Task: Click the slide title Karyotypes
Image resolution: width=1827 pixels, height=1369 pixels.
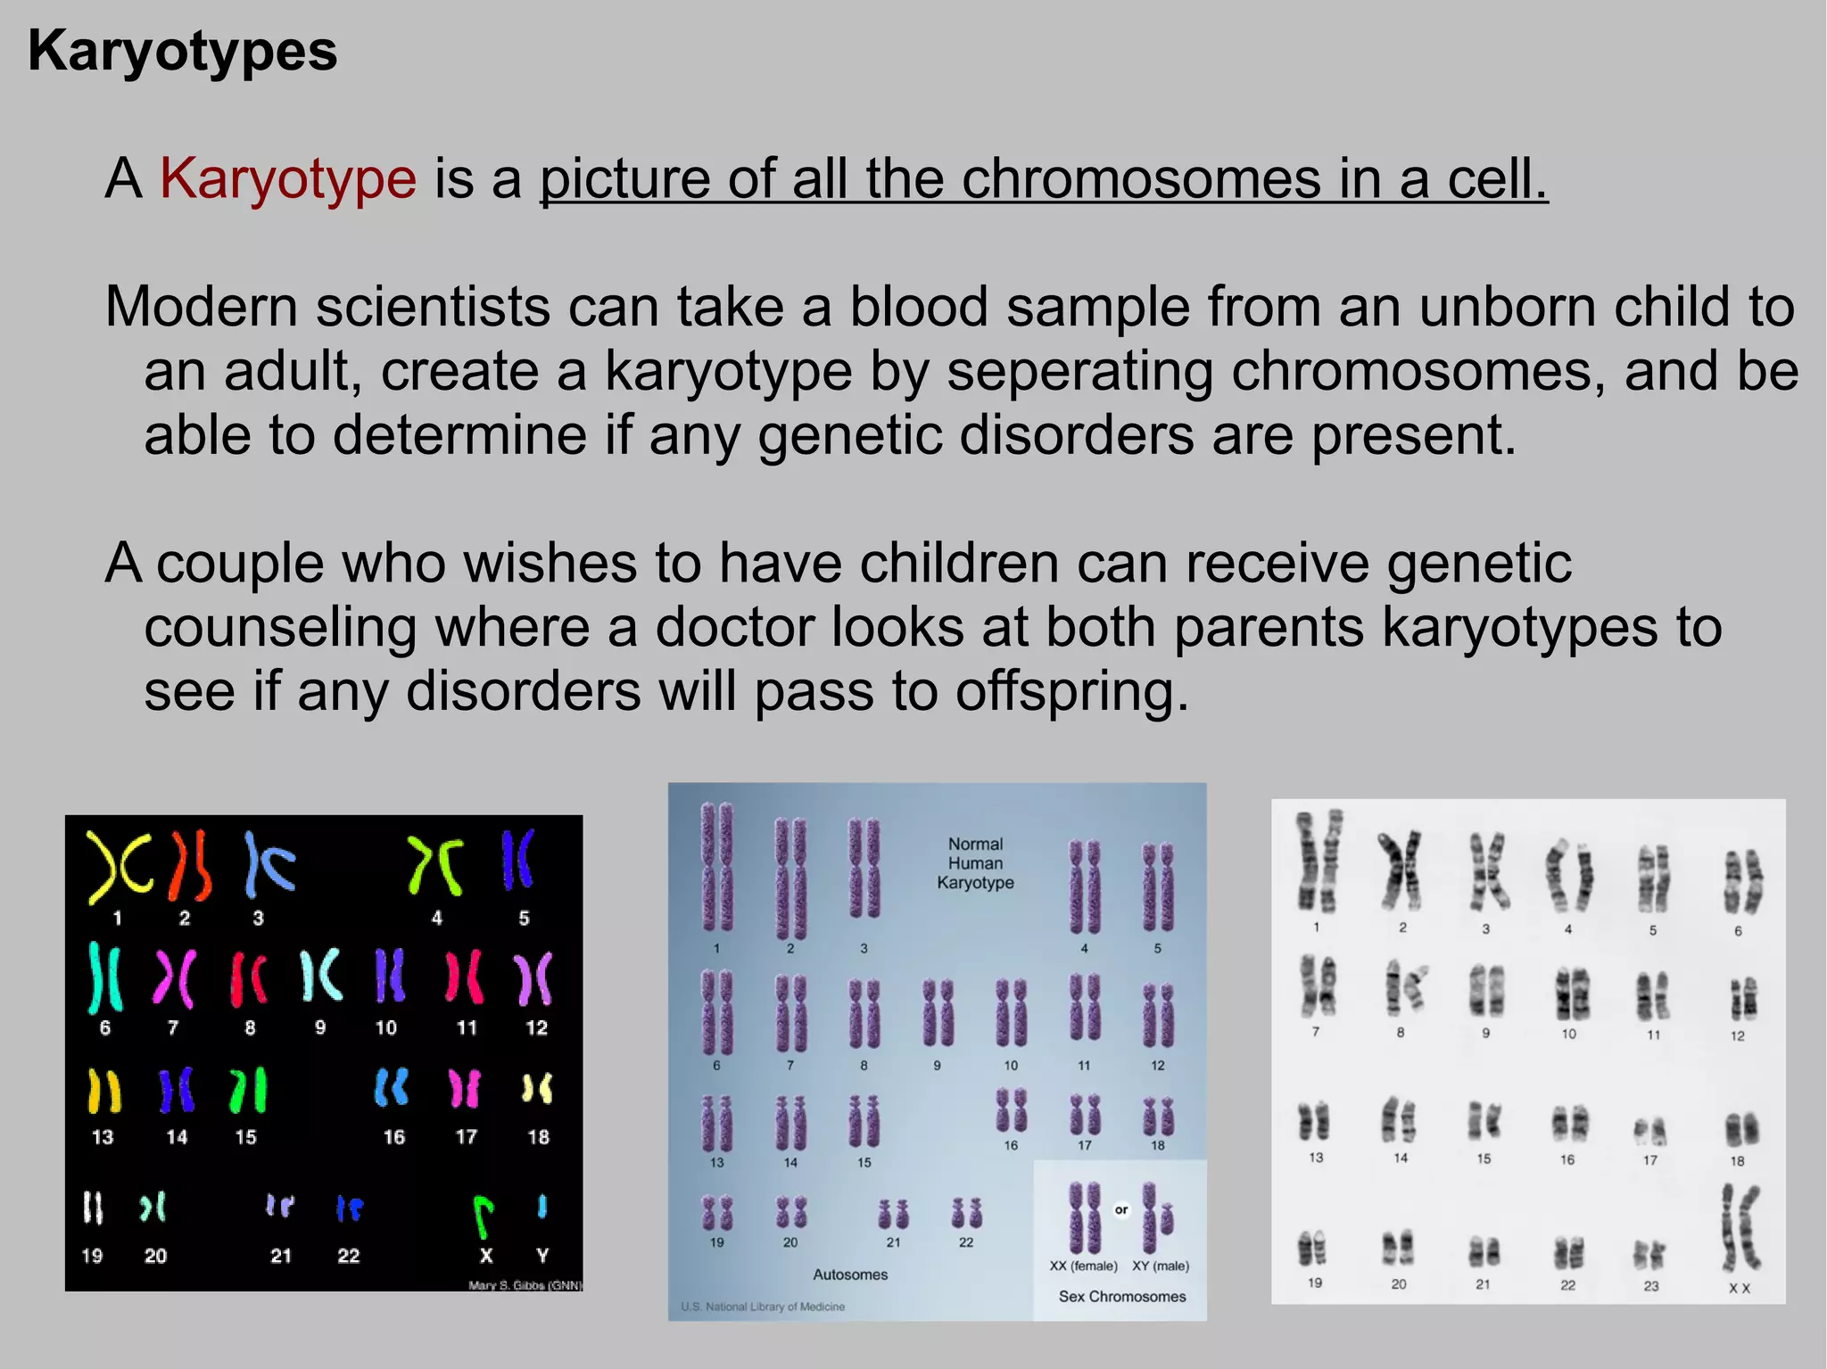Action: pyautogui.click(x=183, y=51)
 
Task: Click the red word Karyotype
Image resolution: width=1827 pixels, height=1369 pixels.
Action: pyautogui.click(x=288, y=178)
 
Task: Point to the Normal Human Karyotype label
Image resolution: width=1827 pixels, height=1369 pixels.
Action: pyautogui.click(x=975, y=863)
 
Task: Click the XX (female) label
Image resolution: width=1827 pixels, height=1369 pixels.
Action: pyautogui.click(x=1083, y=1266)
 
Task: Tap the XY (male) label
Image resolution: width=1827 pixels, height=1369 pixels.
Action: pyautogui.click(x=1161, y=1266)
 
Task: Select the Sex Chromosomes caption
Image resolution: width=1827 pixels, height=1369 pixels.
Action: pyautogui.click(x=1121, y=1296)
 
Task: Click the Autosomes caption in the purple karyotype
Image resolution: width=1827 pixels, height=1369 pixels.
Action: pyautogui.click(x=850, y=1274)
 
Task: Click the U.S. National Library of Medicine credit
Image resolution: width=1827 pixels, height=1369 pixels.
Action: pyautogui.click(x=763, y=1307)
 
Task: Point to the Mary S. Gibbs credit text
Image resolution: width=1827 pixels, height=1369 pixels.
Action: pyautogui.click(x=525, y=1285)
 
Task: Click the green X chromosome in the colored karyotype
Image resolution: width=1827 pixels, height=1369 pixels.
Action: pyautogui.click(x=482, y=1216)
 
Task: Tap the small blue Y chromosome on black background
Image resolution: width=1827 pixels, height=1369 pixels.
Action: pyautogui.click(x=541, y=1207)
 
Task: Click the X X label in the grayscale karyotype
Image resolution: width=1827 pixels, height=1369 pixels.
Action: pyautogui.click(x=1740, y=1289)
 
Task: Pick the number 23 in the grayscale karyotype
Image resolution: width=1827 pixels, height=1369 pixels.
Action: pyautogui.click(x=1651, y=1286)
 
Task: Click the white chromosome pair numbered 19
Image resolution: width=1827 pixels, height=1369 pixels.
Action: pyautogui.click(x=93, y=1208)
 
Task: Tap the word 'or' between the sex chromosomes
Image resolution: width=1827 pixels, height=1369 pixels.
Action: pyautogui.click(x=1121, y=1210)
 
